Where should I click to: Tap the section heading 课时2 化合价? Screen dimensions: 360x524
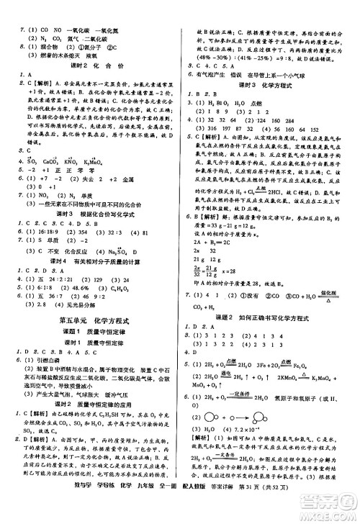(89, 64)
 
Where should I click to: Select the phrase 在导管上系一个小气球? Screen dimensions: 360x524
(277, 73)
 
